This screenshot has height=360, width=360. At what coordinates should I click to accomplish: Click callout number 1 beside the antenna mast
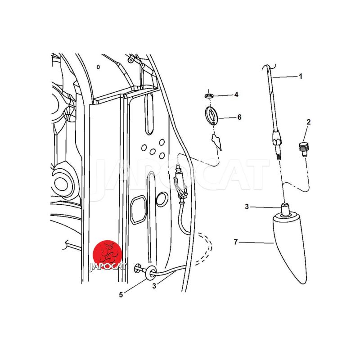click(x=301, y=76)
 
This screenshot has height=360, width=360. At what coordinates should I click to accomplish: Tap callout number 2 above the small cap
click(x=309, y=122)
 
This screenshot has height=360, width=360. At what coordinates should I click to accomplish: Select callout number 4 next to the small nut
click(x=236, y=94)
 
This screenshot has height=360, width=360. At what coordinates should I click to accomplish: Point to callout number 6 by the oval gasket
click(x=239, y=117)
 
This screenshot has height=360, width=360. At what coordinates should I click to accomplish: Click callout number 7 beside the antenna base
click(x=236, y=242)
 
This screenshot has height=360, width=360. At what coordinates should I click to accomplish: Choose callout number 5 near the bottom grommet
click(x=121, y=295)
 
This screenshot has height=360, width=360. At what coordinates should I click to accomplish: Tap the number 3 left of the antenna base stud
click(x=247, y=207)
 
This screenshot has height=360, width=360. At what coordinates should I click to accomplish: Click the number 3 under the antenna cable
click(x=154, y=286)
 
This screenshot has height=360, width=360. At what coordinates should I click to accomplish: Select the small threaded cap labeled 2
click(x=303, y=149)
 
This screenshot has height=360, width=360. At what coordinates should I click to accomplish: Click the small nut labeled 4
click(x=209, y=95)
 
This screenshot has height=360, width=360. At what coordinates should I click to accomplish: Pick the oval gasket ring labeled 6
click(x=211, y=116)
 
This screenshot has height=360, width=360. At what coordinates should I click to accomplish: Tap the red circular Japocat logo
click(x=108, y=255)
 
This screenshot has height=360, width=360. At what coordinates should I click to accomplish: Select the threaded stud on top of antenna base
click(x=285, y=209)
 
